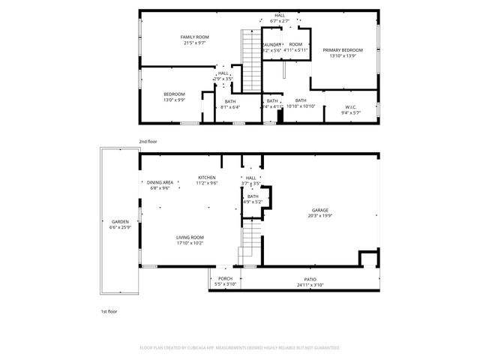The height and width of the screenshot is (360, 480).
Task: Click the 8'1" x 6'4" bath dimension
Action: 229,107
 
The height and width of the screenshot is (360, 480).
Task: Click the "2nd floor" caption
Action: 147,141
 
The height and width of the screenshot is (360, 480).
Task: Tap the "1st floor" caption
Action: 109,310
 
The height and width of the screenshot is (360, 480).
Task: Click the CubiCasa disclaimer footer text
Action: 240,347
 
